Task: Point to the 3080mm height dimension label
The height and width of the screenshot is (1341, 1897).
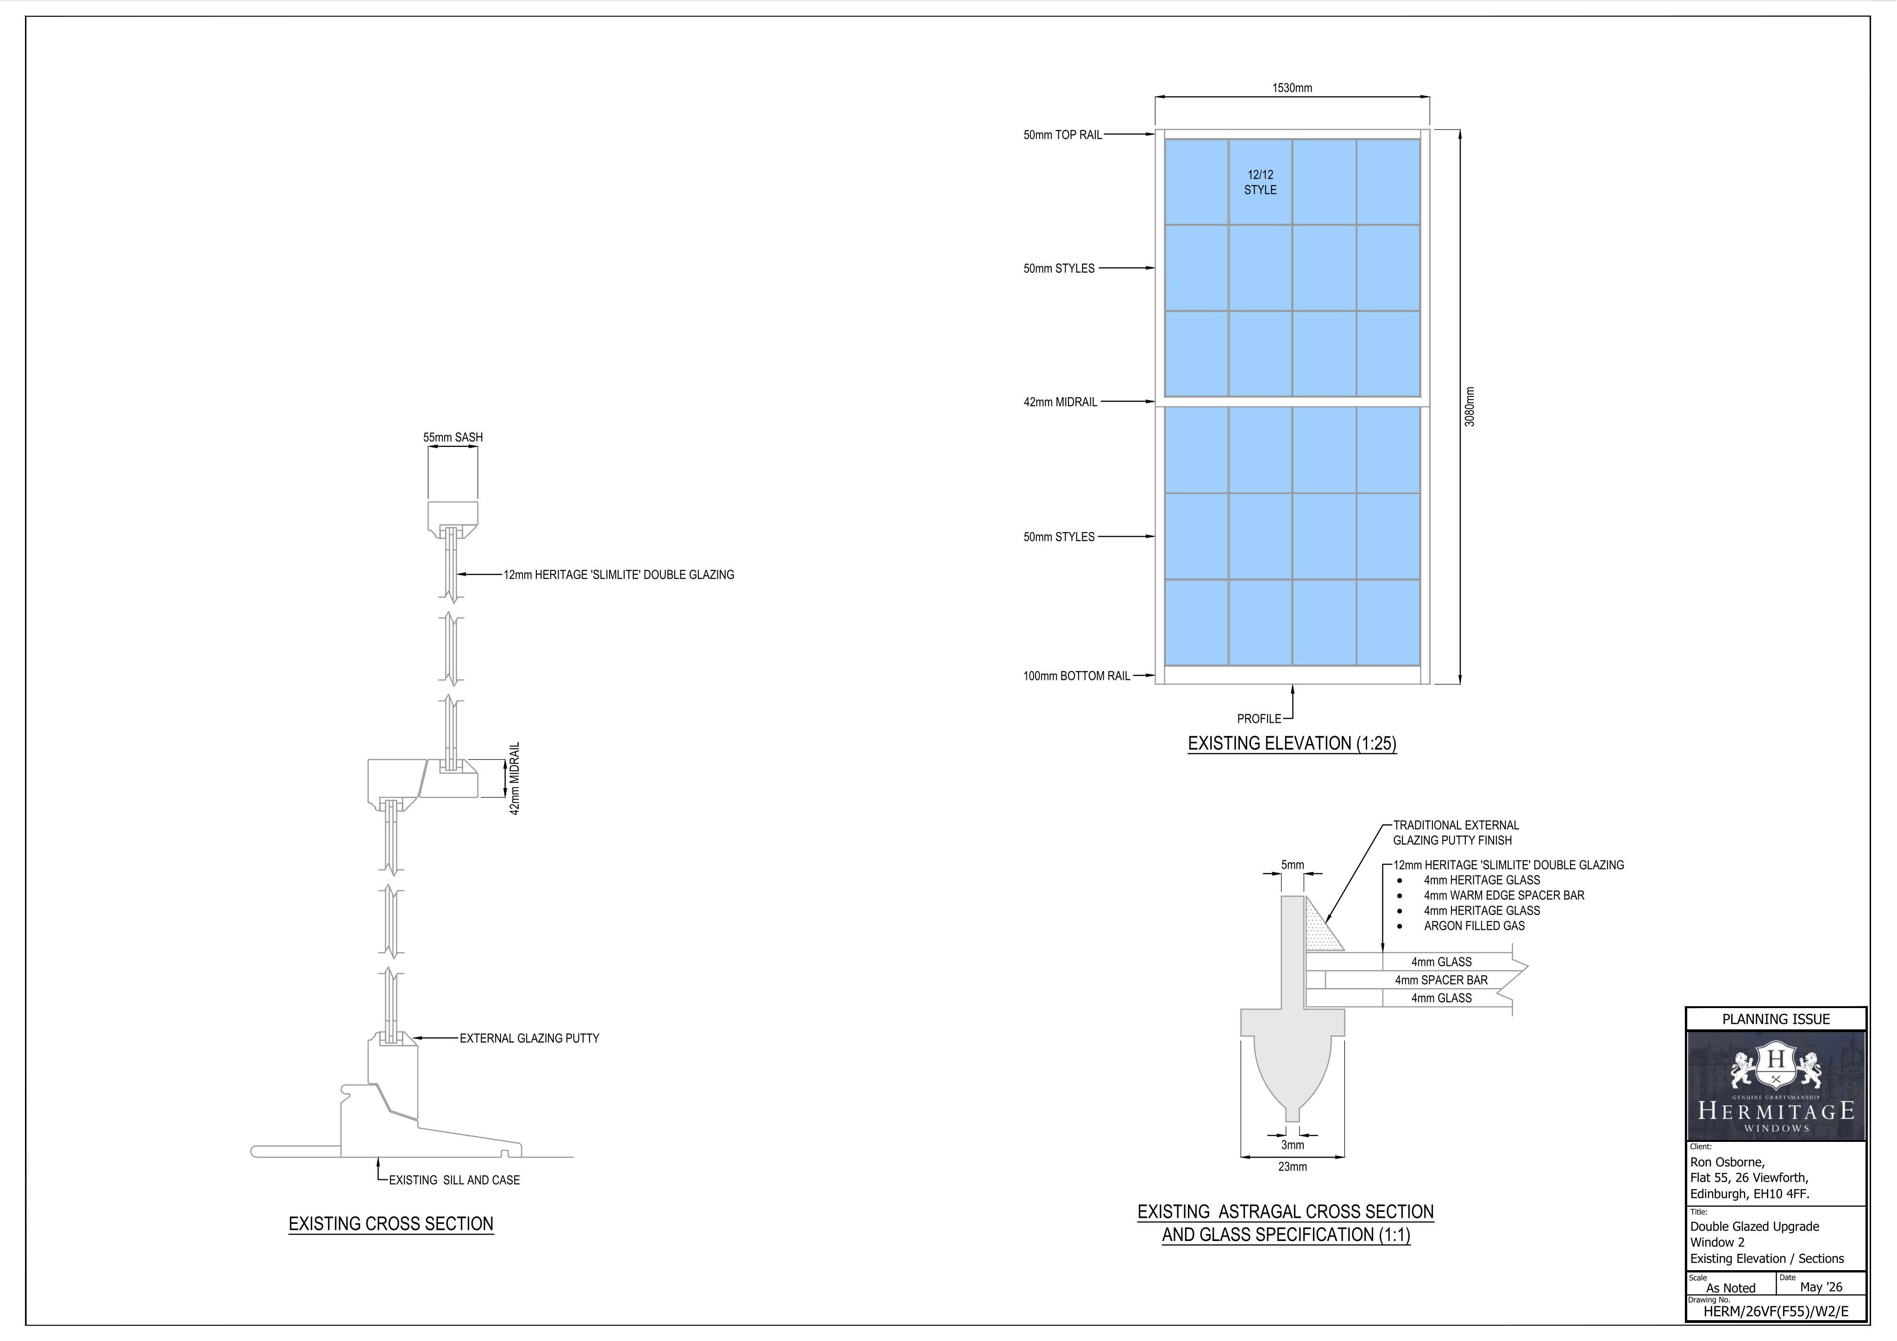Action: pos(1469,407)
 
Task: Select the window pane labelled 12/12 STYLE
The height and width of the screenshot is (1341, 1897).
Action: pos(1260,182)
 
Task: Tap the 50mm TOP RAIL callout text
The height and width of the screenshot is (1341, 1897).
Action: pos(1062,135)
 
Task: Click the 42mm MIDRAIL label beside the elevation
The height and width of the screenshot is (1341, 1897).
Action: pos(1060,402)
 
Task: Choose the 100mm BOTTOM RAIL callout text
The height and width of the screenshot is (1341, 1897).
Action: pos(1077,676)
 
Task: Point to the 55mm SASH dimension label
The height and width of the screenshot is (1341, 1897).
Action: pos(453,437)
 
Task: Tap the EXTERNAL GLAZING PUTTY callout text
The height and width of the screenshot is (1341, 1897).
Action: pos(530,1039)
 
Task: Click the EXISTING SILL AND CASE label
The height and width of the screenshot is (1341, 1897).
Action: pos(454,1180)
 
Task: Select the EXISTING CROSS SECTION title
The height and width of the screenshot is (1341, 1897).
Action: pos(391,1224)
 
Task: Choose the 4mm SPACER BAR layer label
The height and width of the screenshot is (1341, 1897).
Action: pos(1442,980)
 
